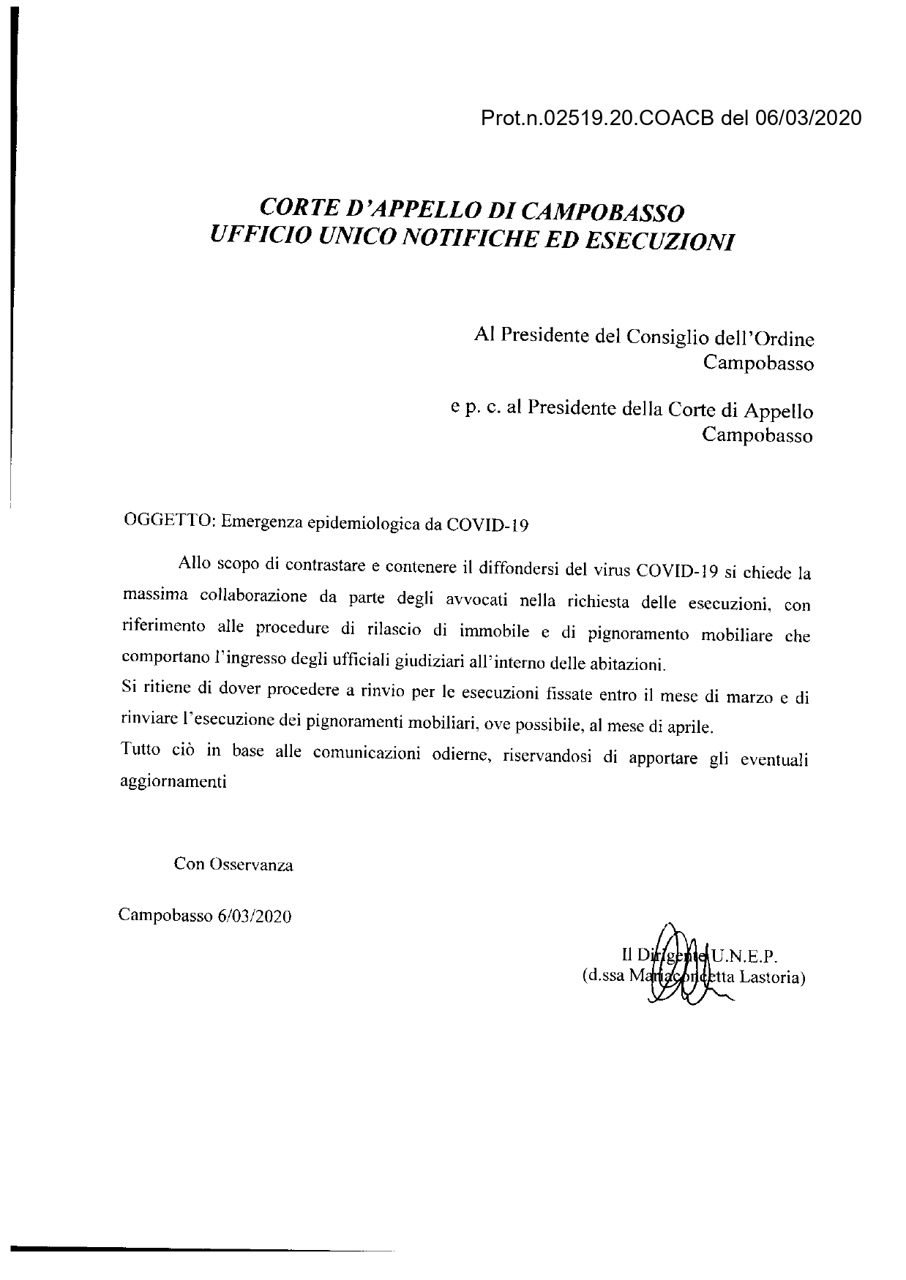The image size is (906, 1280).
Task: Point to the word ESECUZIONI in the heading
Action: click(660, 241)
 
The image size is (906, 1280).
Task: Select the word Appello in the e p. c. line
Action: click(781, 410)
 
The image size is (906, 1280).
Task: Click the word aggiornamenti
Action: click(173, 781)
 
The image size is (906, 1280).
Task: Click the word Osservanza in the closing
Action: click(251, 865)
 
